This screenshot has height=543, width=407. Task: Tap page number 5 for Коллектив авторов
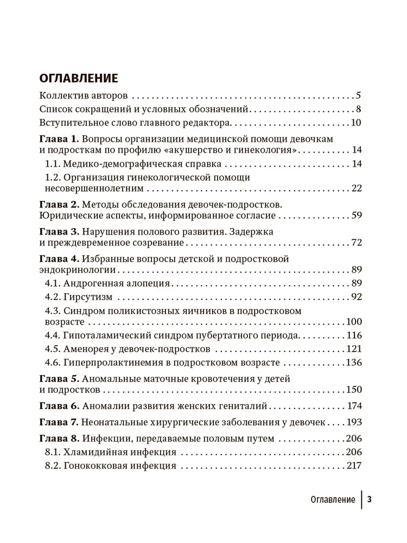point(359,94)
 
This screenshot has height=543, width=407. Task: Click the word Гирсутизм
point(88,297)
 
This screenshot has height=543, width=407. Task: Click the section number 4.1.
point(52,283)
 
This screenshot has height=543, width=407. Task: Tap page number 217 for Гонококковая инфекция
point(353,465)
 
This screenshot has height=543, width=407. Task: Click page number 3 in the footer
point(370,500)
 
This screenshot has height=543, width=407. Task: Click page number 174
point(353,406)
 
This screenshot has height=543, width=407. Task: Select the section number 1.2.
point(52,177)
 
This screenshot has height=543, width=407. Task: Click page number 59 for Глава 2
point(356,216)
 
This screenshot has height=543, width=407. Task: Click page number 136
point(353,362)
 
